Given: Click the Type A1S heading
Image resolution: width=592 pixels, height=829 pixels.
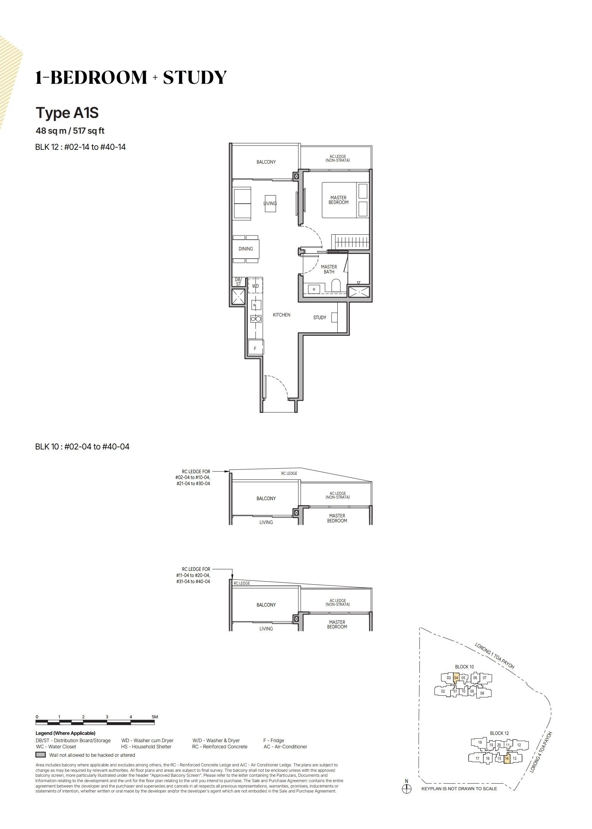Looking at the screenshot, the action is coord(67,113).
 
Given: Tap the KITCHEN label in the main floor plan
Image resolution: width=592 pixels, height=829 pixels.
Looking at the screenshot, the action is coord(282,315).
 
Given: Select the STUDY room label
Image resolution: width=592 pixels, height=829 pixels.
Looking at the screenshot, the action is coord(320,318).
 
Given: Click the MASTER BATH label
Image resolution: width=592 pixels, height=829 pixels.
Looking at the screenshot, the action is coord(329,269).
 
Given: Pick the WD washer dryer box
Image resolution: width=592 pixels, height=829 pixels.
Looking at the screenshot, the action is coord(255,286).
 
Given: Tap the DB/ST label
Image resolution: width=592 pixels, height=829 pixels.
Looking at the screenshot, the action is coord(238,282).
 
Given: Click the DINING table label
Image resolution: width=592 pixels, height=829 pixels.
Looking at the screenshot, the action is coord(246,249).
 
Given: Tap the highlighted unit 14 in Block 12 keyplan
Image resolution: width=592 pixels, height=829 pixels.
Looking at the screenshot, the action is coord(507,758).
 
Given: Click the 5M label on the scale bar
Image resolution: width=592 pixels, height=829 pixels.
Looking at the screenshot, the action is coord(154,717).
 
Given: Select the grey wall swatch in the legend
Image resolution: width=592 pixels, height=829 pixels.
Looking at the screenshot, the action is coord(41,755).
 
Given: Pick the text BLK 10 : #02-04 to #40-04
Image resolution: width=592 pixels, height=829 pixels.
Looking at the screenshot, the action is coord(82,446).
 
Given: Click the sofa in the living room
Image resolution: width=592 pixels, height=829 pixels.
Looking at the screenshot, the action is coord(242,204).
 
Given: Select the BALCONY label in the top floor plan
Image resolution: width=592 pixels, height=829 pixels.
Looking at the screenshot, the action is coord(266,162).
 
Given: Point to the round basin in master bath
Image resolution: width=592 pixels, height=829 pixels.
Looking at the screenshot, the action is coord(314,289).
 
